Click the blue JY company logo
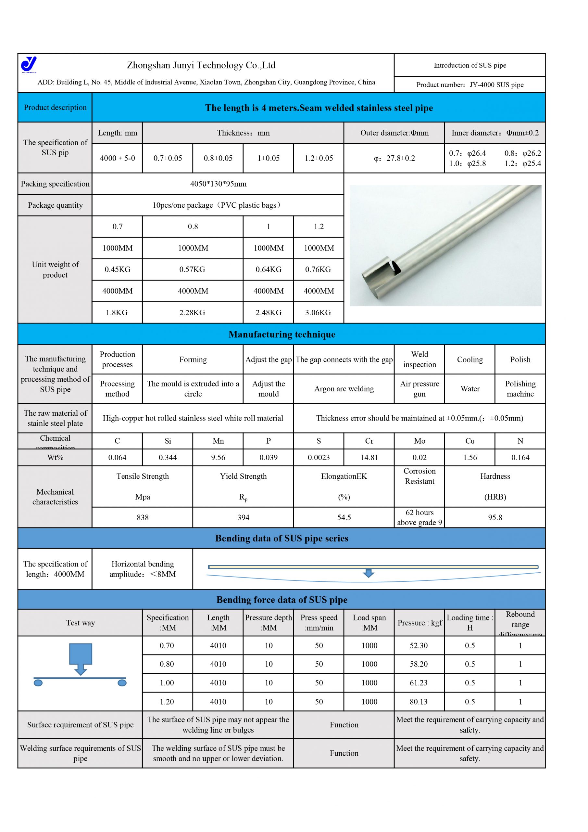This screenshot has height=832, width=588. pyautogui.click(x=29, y=64)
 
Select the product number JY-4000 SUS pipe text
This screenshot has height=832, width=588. pyautogui.click(x=469, y=85)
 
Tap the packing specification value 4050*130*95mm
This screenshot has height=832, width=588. pyautogui.click(x=218, y=184)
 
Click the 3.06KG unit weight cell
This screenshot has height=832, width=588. pyautogui.click(x=318, y=312)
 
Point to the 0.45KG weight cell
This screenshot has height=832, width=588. pyautogui.click(x=117, y=269)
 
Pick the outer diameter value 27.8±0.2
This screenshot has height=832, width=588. pyautogui.click(x=394, y=158)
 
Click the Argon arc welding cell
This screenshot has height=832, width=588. pyautogui.click(x=344, y=388)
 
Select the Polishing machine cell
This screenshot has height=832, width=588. pyautogui.click(x=520, y=388)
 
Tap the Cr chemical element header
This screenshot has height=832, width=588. pyautogui.click(x=369, y=441)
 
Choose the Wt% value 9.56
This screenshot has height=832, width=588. pyautogui.click(x=218, y=457)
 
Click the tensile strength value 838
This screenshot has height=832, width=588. pyautogui.click(x=142, y=517)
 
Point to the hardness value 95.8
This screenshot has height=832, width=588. pyautogui.click(x=494, y=517)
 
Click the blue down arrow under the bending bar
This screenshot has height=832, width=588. pyautogui.click(x=368, y=573)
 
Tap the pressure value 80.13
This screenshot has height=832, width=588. pyautogui.click(x=419, y=702)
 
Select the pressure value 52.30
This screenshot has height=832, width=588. pyautogui.click(x=419, y=645)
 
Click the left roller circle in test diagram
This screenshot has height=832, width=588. pyautogui.click(x=38, y=683)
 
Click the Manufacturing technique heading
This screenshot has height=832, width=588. pyautogui.click(x=282, y=334)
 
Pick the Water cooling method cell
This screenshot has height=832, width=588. pyautogui.click(x=469, y=388)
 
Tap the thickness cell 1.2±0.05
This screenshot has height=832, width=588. pyautogui.click(x=319, y=158)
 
